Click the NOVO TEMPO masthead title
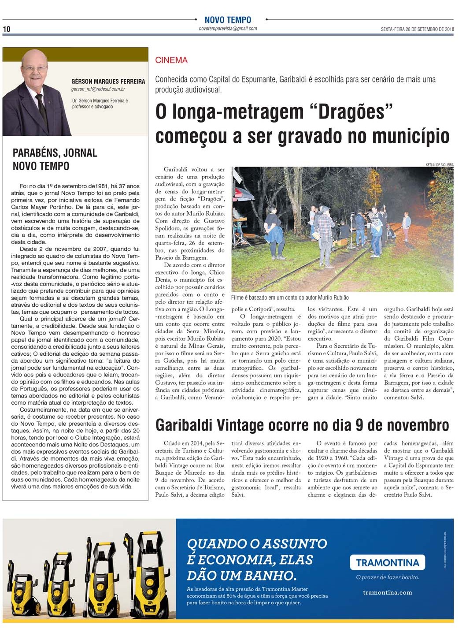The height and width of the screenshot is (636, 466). [x=228, y=20]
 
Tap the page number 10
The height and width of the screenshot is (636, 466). [x=7, y=29]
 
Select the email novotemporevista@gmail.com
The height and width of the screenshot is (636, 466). [x=228, y=29]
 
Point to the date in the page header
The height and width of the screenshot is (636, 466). [x=417, y=30]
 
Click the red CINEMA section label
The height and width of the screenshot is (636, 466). [x=171, y=60]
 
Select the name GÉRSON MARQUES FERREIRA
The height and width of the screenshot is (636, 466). [x=108, y=82]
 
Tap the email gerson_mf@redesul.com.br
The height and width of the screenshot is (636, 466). [x=98, y=89]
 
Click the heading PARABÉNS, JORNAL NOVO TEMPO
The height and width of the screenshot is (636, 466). [x=55, y=159]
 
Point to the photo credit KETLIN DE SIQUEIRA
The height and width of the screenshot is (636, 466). [x=439, y=165]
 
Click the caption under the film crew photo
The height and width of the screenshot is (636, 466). [x=289, y=298]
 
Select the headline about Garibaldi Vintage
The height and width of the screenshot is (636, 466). [x=302, y=425]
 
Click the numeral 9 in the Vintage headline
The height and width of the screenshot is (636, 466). [x=359, y=425]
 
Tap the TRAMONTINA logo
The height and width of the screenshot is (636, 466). [x=387, y=562]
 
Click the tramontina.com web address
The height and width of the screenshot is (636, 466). [x=388, y=592]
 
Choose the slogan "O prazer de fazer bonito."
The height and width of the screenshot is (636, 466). [x=388, y=577]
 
